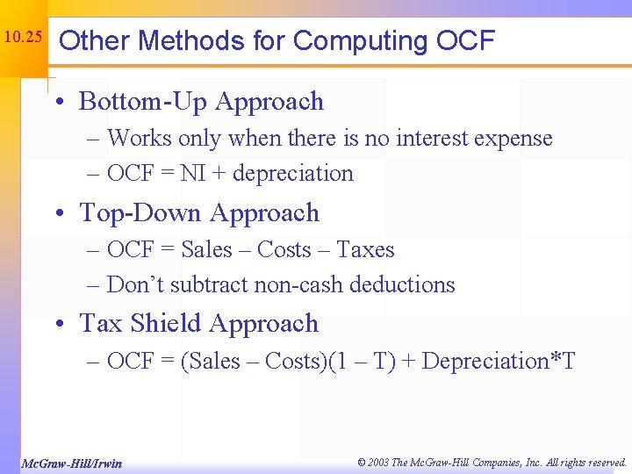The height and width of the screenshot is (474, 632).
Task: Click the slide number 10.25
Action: (x=22, y=39)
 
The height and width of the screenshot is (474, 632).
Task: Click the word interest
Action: (x=435, y=139)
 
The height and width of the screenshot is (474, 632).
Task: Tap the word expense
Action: (x=517, y=139)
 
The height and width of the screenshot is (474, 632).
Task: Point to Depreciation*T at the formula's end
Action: (x=499, y=362)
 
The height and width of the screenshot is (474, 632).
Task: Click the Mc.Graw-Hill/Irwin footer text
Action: (x=71, y=463)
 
